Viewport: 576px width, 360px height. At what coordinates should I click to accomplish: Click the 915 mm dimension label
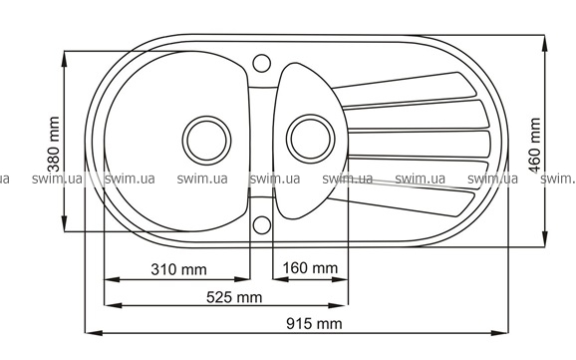click(314, 324)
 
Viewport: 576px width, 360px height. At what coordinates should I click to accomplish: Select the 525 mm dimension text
click(234, 297)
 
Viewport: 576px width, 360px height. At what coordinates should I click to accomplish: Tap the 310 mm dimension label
click(179, 270)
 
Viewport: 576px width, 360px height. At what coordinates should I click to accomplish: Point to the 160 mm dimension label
click(310, 268)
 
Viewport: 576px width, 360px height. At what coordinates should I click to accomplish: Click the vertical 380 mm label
click(54, 145)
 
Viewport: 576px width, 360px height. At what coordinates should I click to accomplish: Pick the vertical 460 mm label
click(534, 146)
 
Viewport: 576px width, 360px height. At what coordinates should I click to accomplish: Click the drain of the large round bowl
click(206, 140)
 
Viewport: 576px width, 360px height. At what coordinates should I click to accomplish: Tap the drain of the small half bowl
click(311, 139)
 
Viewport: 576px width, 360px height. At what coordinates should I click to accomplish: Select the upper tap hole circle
click(262, 63)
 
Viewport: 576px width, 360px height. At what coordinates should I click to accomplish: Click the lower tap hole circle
click(262, 224)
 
